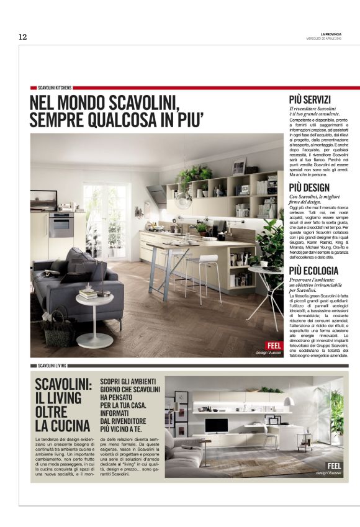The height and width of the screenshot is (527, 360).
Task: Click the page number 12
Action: [x=22, y=37]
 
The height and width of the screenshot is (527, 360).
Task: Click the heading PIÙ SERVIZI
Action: [x=310, y=100]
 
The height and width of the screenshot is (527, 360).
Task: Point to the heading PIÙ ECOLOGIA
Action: [x=313, y=271]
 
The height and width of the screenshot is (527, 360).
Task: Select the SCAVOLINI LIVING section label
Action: [x=52, y=366]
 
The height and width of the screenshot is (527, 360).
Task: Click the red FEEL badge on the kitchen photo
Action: [x=273, y=345]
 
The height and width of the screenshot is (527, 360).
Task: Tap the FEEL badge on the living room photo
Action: [x=334, y=466]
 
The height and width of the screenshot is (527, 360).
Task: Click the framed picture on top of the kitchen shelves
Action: [x=239, y=166]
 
